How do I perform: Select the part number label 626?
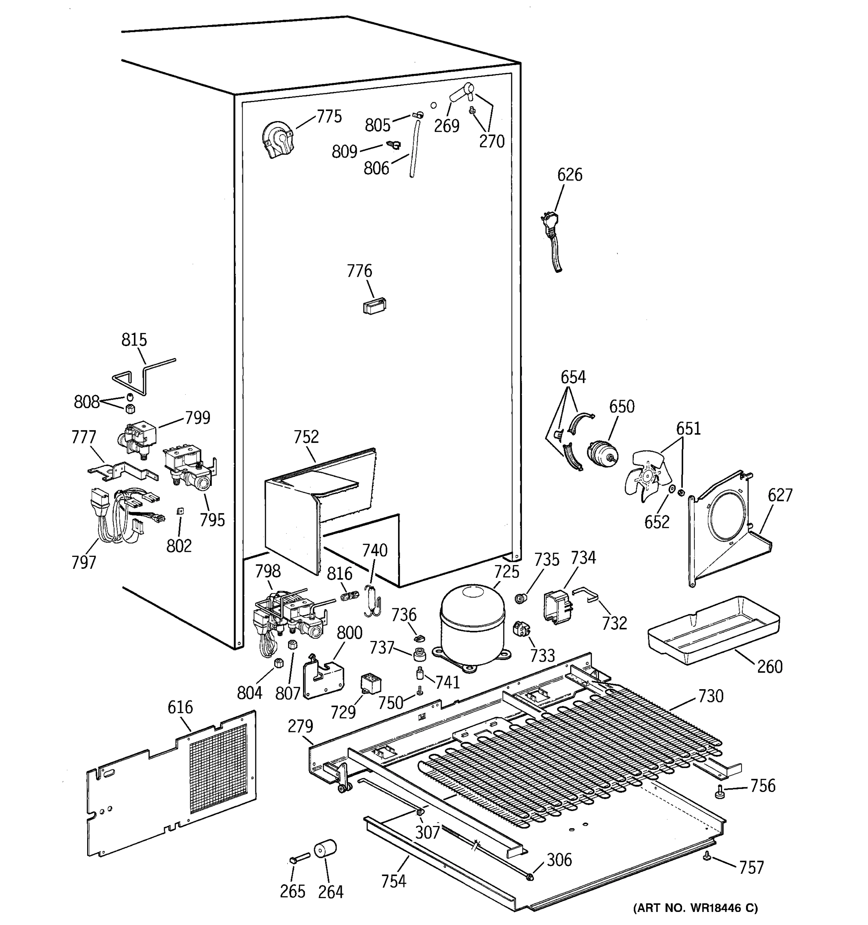click(569, 175)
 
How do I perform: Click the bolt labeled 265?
click(299, 857)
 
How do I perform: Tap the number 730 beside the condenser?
click(711, 696)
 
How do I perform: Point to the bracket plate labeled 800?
click(323, 677)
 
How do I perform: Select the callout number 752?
click(306, 437)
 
